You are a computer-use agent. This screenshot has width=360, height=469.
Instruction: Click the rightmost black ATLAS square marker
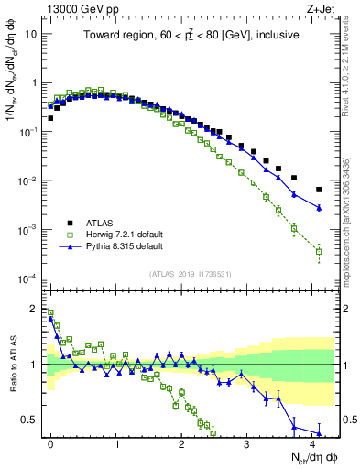point(319,190)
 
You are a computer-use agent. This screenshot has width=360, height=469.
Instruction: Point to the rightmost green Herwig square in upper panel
point(319,251)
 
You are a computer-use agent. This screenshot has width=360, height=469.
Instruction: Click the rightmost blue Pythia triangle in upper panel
point(319,208)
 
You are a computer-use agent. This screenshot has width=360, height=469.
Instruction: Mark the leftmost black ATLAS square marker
point(50,118)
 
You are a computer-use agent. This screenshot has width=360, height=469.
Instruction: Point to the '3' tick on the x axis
point(247,442)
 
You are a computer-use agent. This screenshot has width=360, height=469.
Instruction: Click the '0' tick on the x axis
point(50,442)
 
